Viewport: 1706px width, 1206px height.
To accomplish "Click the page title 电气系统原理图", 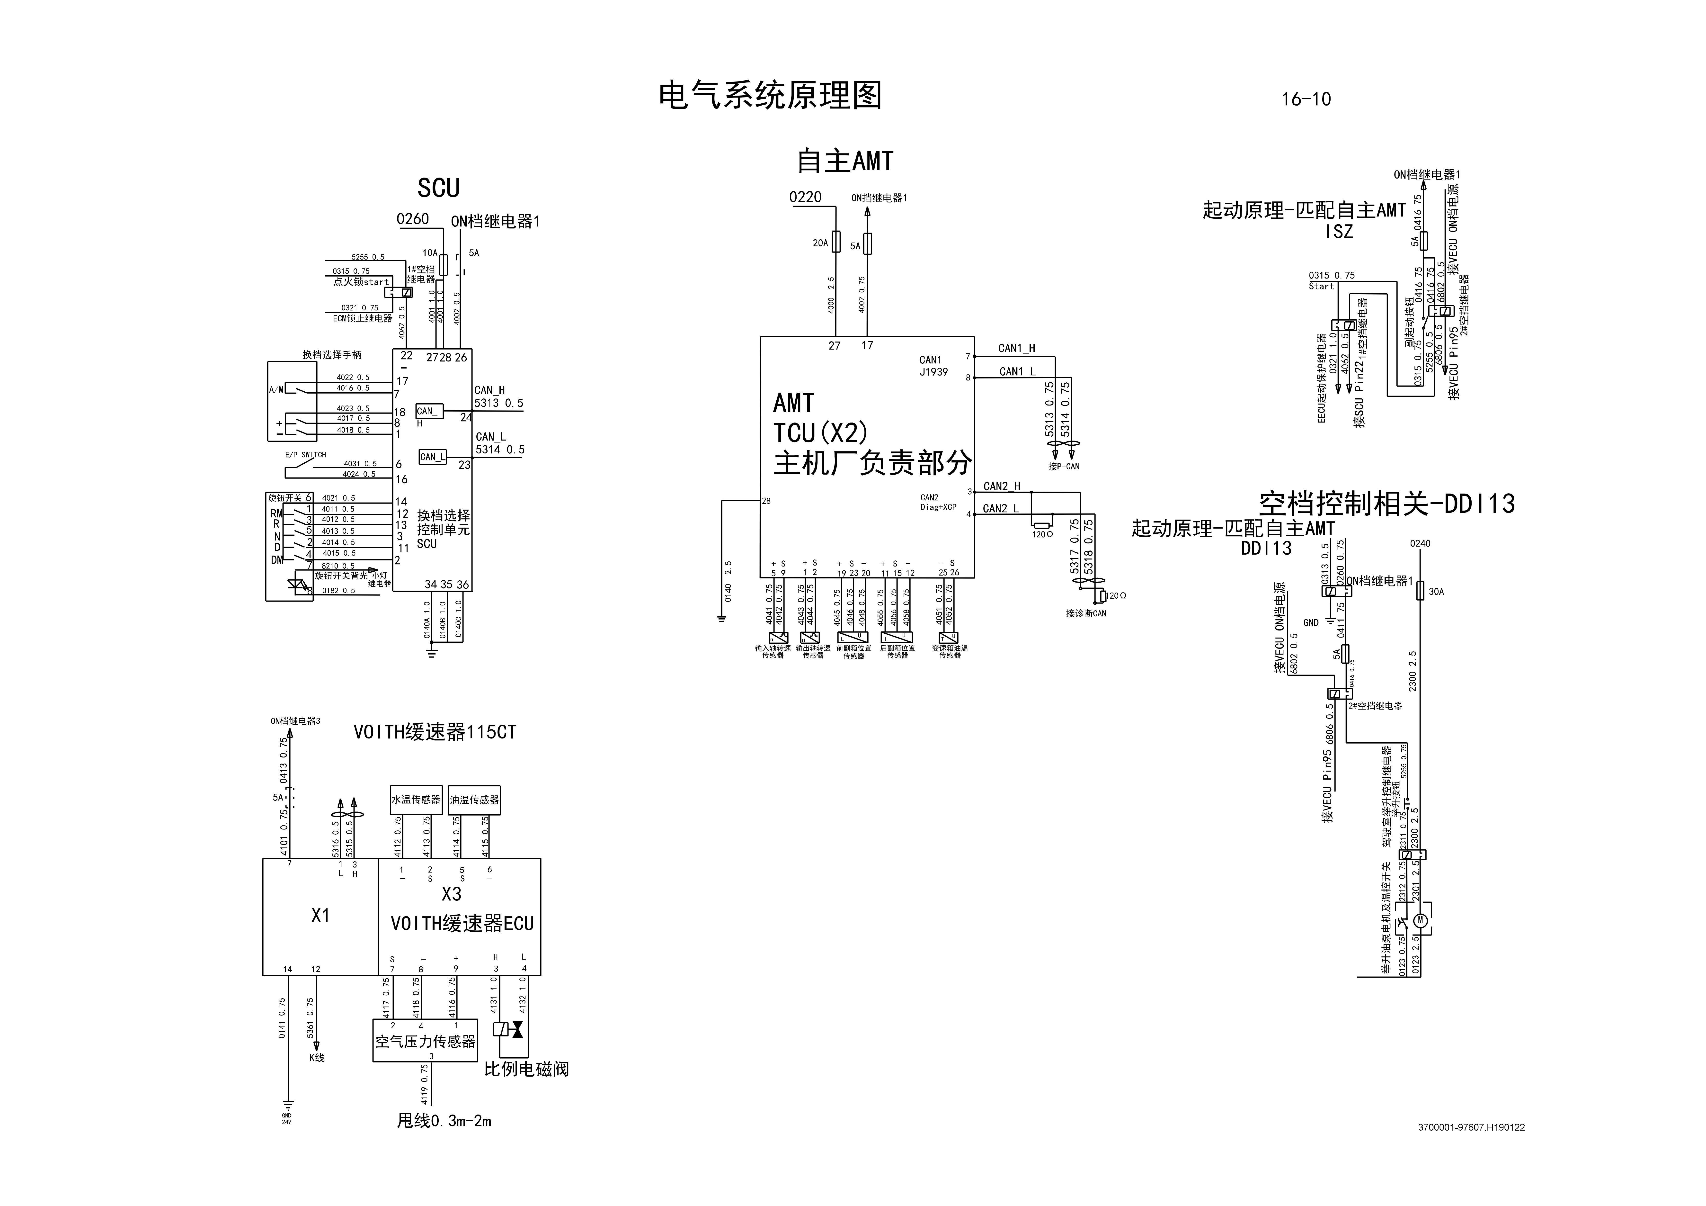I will (x=770, y=96).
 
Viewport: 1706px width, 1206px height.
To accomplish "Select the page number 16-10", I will (x=1306, y=99).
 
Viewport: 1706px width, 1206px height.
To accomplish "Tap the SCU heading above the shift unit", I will (x=438, y=188).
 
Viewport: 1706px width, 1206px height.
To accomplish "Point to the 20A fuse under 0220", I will (x=836, y=242).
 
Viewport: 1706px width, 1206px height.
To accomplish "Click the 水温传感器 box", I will (x=416, y=800).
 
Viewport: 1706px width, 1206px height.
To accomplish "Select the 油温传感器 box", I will (x=475, y=800).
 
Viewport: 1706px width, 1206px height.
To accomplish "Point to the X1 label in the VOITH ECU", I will (x=320, y=916).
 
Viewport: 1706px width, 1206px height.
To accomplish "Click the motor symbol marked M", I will (x=1420, y=920).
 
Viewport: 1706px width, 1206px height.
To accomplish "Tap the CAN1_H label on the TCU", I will (x=1016, y=348).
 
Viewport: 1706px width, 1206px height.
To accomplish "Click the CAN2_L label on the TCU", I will (x=1001, y=508).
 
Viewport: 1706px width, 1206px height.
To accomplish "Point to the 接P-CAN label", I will (x=1064, y=467).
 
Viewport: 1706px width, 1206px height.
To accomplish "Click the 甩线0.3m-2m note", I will (x=444, y=1121).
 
